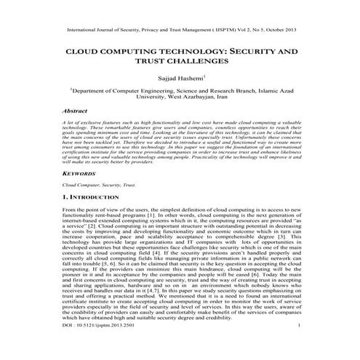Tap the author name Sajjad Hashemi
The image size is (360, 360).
click(x=179, y=78)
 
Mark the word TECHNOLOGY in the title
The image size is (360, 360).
click(x=181, y=53)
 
